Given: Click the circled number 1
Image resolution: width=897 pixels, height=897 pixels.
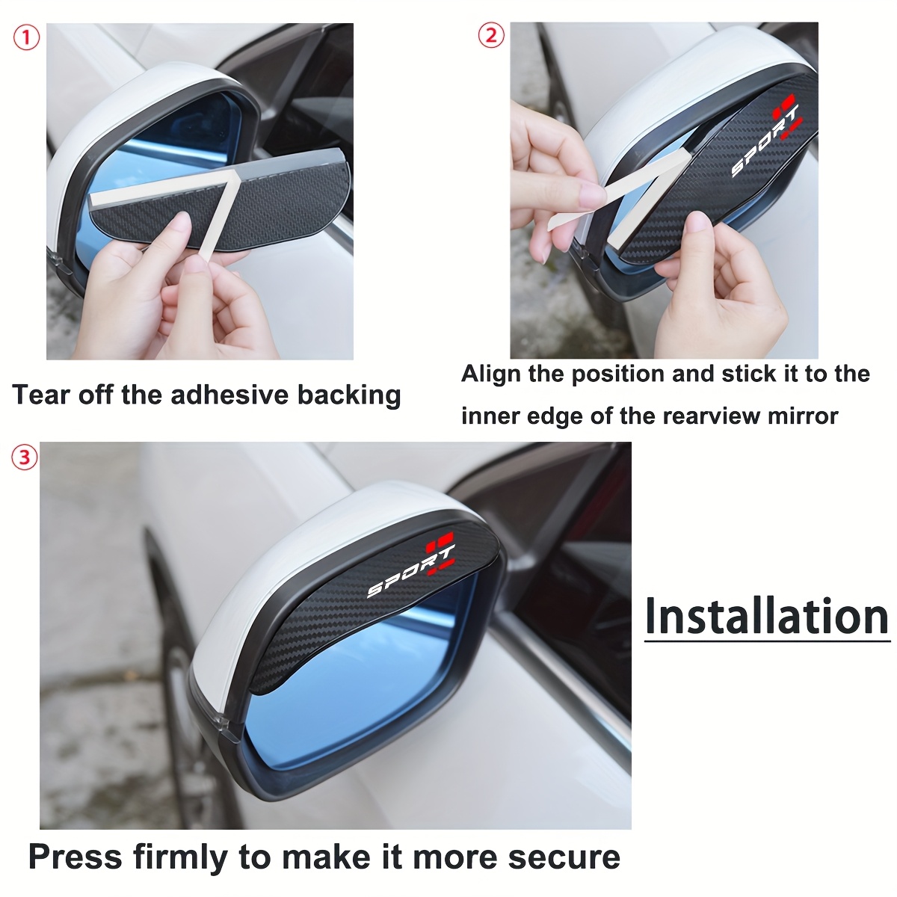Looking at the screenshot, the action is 26,38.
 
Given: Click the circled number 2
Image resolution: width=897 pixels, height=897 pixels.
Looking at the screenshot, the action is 491,35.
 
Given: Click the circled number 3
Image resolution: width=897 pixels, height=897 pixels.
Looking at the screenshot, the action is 24,457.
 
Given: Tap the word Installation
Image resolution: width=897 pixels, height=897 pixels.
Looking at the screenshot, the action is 767,617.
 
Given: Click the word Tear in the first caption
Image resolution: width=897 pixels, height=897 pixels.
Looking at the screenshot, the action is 41,395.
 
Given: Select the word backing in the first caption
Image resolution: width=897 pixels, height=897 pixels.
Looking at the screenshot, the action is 349,395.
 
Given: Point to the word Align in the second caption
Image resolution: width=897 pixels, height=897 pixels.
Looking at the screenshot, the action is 490,374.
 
